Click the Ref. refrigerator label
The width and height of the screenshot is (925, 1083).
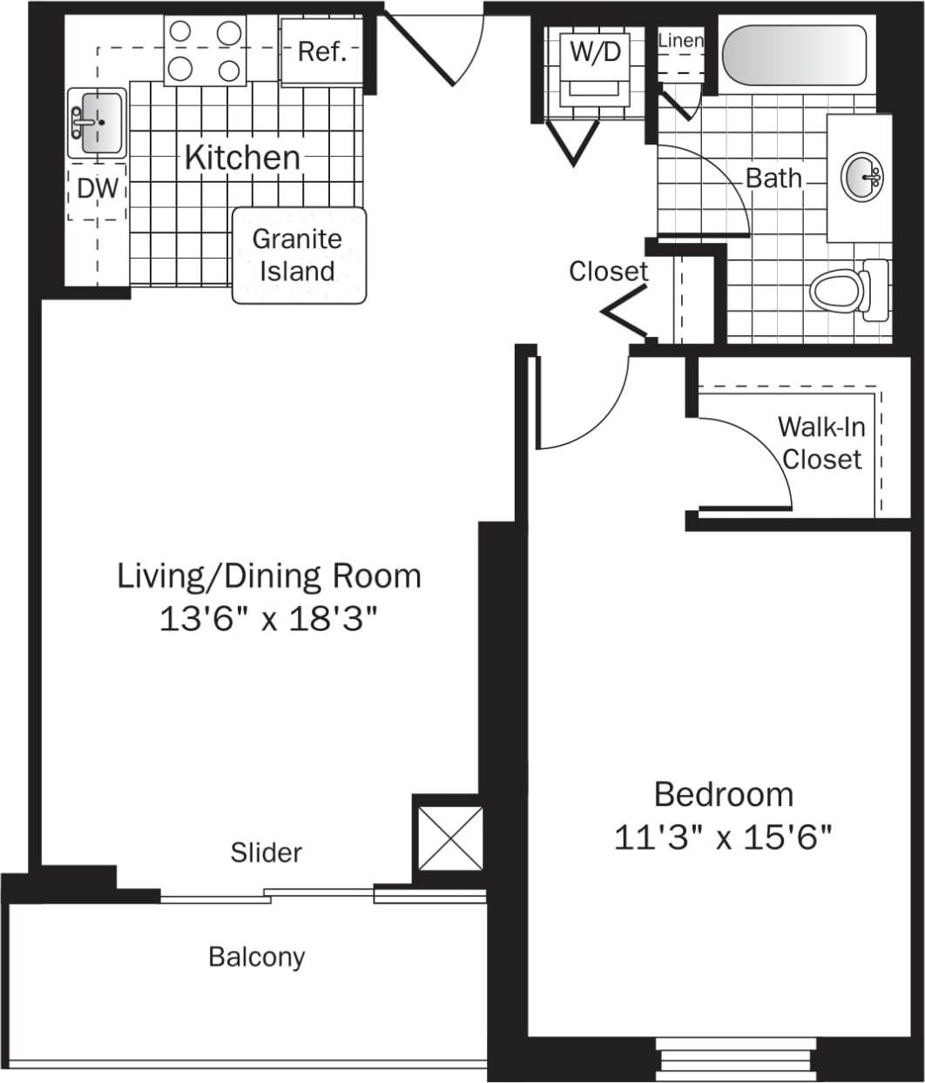pyautogui.click(x=322, y=52)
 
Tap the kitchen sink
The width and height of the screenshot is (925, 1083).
pyautogui.click(x=97, y=123)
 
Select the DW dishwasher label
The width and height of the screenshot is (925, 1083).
pyautogui.click(x=97, y=188)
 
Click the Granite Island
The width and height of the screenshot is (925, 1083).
pyautogui.click(x=299, y=255)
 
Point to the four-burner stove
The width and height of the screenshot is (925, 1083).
pyautogui.click(x=205, y=51)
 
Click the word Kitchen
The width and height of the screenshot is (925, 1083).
pyautogui.click(x=242, y=158)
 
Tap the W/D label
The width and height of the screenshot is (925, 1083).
pyautogui.click(x=596, y=51)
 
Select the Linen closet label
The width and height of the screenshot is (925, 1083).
pyautogui.click(x=680, y=41)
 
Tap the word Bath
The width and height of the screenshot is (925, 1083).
pyautogui.click(x=773, y=178)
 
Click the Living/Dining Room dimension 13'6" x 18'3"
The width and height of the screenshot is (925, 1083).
pyautogui.click(x=269, y=620)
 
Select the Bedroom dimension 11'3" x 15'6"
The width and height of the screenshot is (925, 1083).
pyautogui.click(x=723, y=837)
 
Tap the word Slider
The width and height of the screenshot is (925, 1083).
pyautogui.click(x=266, y=852)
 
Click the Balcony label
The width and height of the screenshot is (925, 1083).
pyautogui.click(x=257, y=957)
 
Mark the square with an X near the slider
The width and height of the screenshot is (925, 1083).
pyautogui.click(x=449, y=837)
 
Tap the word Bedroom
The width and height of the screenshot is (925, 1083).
pyautogui.click(x=723, y=795)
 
